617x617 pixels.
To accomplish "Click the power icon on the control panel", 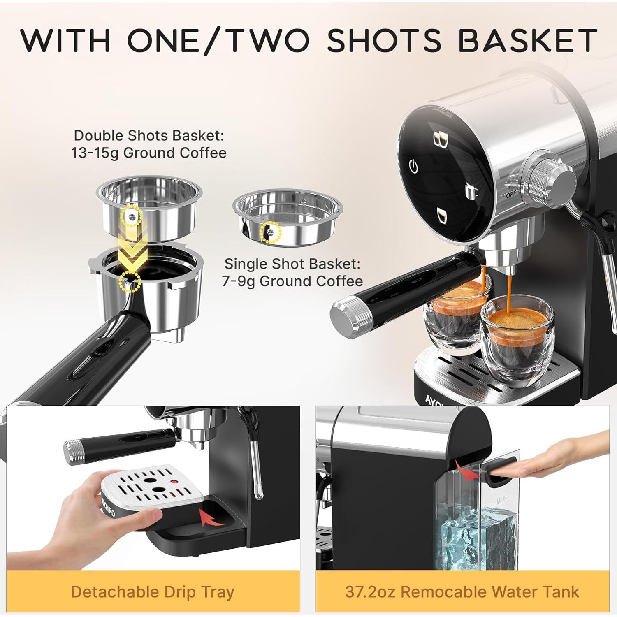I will pyautogui.click(x=413, y=167).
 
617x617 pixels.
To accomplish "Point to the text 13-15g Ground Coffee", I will pyautogui.click(x=148, y=153).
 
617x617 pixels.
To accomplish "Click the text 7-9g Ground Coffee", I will pyautogui.click(x=292, y=281).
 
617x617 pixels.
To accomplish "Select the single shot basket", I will pyautogui.click(x=287, y=218).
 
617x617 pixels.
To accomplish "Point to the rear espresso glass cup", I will pyautogui.click(x=457, y=313).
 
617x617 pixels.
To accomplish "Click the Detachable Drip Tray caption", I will pyautogui.click(x=153, y=592).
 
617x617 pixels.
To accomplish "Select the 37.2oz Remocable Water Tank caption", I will pyautogui.click(x=462, y=592).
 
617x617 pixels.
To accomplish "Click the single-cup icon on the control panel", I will pyautogui.click(x=471, y=192).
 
